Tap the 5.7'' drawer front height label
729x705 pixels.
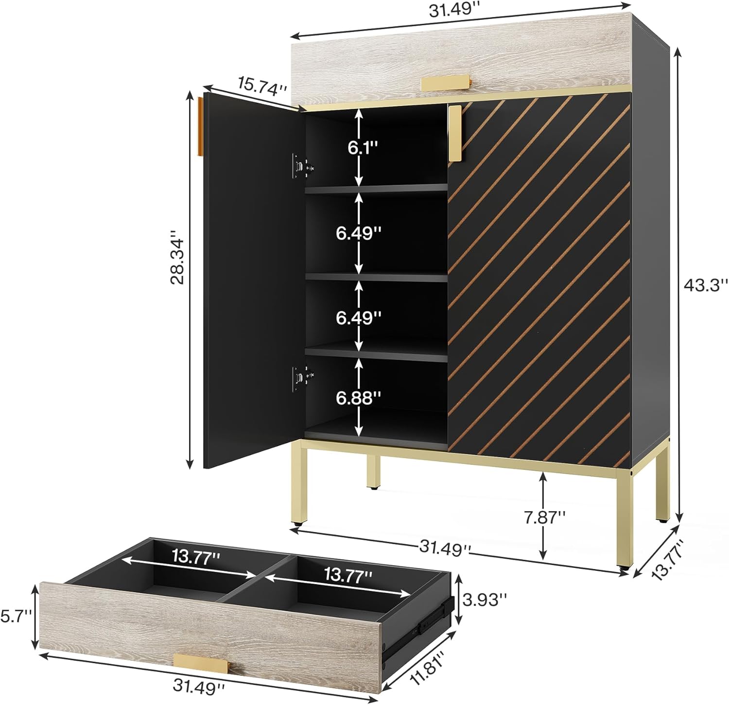pyautogui.click(x=16, y=616)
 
